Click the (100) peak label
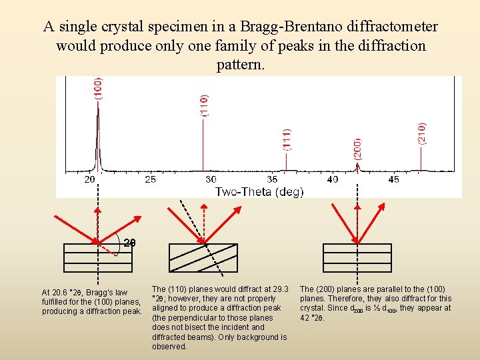click(98, 89)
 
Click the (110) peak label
click(204, 105)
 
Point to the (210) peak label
click(422, 134)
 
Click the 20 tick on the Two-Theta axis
click(90, 179)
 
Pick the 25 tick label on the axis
click(150, 179)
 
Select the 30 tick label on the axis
click(211, 179)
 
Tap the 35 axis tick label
click(272, 179)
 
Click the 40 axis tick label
click(333, 179)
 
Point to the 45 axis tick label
click(393, 179)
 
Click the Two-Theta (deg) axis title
click(259, 192)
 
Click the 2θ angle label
click(130, 242)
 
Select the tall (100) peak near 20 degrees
click(98, 133)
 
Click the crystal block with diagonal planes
click(203, 257)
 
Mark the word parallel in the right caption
click(411, 289)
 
